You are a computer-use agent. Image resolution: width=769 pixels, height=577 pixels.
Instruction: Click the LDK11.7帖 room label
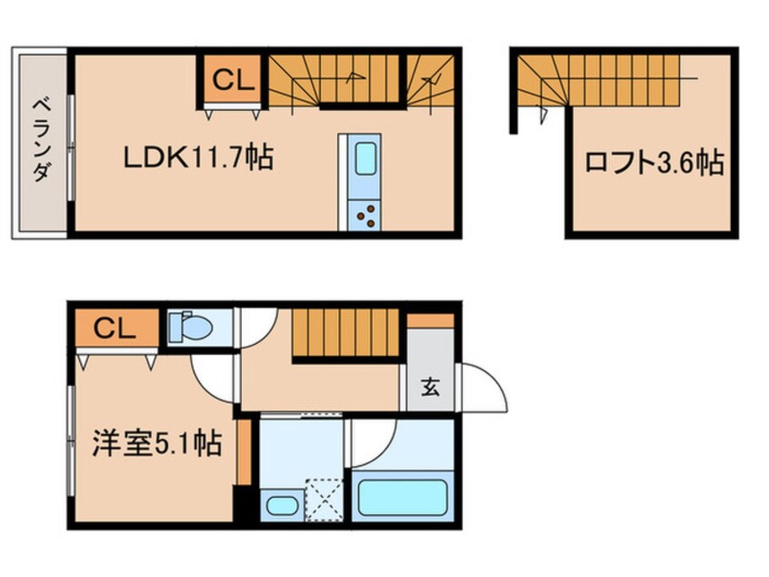pyautogui.click(x=198, y=158)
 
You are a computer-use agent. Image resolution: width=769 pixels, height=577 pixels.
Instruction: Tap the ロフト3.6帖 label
pyautogui.click(x=654, y=163)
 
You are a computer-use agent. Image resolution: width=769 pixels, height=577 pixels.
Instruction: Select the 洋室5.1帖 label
pyautogui.click(x=157, y=442)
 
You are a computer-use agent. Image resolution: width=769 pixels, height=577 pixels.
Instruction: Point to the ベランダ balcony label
pyautogui.click(x=42, y=140)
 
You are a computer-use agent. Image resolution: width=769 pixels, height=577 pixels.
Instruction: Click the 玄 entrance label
pyautogui.click(x=430, y=387)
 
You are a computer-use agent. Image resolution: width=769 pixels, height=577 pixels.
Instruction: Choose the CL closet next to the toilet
pyautogui.click(x=116, y=328)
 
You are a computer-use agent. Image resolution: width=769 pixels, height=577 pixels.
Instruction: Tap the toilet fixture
pyautogui.click(x=190, y=326)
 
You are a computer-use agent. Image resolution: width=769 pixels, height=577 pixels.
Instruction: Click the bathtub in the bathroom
pyautogui.click(x=402, y=498)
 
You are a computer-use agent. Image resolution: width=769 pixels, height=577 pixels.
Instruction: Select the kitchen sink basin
pyautogui.click(x=365, y=158)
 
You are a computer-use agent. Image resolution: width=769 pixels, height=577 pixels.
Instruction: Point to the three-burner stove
pyautogui.click(x=365, y=216)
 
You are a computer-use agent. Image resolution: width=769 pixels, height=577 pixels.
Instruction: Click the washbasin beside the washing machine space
pyautogui.click(x=282, y=505)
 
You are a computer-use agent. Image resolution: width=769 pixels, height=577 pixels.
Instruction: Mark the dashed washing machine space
pyautogui.click(x=325, y=500)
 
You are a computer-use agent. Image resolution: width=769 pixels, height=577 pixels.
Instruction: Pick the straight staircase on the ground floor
pyautogui.click(x=345, y=333)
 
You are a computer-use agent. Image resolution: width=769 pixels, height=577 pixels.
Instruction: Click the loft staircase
pyautogui.click(x=599, y=79)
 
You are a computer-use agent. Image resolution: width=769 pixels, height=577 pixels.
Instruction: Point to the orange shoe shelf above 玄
pyautogui.click(x=431, y=320)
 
